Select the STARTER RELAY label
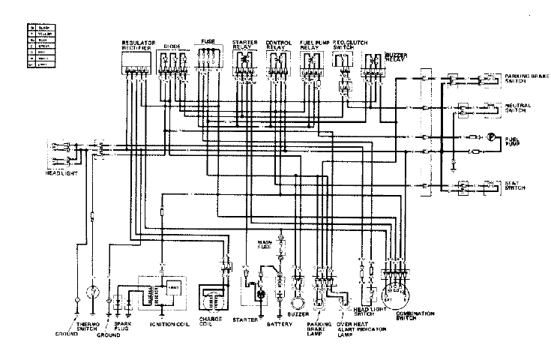246,46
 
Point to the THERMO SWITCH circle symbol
94,290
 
